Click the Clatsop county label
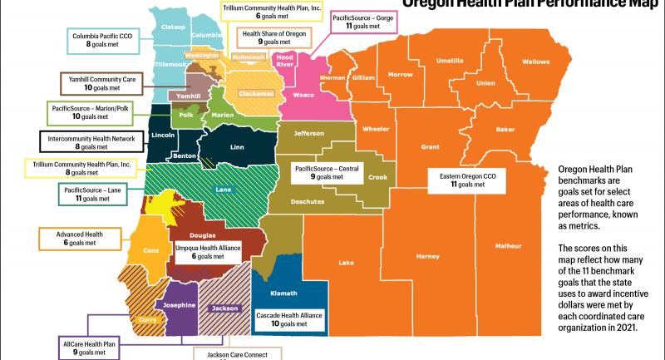[x=171, y=26]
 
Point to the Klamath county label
[x=286, y=293]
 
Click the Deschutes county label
[x=308, y=201]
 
